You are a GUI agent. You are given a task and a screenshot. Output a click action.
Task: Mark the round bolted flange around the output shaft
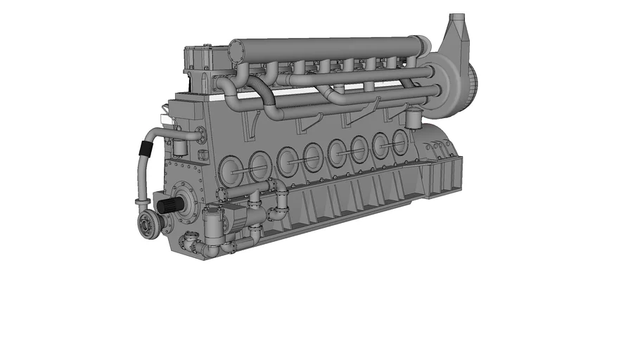186,203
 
